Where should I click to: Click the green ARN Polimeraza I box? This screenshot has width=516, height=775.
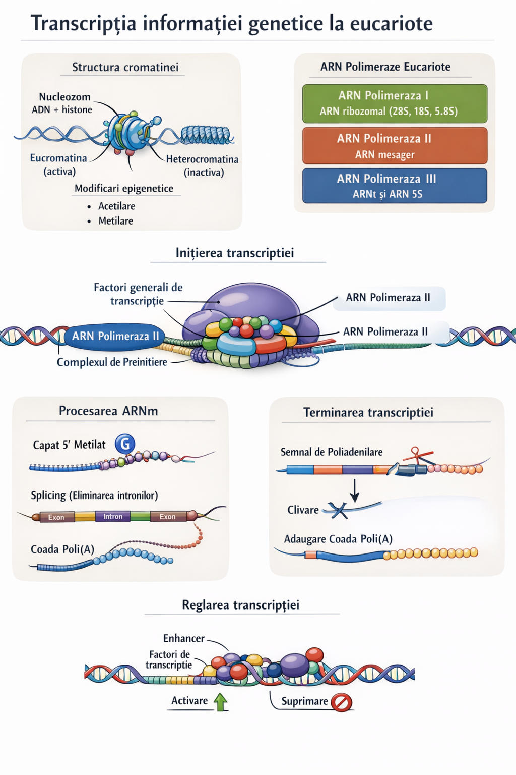pos(395,103)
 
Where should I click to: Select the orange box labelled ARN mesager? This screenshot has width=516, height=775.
pos(395,146)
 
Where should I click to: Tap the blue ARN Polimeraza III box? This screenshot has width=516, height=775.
pos(395,186)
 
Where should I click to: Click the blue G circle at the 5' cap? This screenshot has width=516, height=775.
pos(125,444)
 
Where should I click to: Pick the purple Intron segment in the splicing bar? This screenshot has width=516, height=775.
pos(113,516)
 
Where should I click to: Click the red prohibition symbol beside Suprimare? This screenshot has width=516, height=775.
pos(342,702)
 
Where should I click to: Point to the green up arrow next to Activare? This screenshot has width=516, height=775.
pos(221,701)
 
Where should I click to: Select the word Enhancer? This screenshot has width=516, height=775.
pos(184,638)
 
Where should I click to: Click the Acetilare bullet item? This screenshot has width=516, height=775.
pos(116,206)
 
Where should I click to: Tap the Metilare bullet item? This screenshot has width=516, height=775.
pos(115,220)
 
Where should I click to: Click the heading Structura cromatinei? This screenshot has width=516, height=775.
pos(125,67)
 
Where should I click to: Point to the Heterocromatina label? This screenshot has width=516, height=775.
pos(203,159)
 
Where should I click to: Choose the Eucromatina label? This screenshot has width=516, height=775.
pos(58,158)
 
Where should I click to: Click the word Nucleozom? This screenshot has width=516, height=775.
pos(64,97)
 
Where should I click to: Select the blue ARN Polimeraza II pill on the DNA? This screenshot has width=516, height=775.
pos(115,336)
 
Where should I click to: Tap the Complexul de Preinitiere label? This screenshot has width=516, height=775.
pos(112,362)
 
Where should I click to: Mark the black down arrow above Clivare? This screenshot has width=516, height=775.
pos(355,490)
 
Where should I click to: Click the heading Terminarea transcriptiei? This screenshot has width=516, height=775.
pos(368,412)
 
